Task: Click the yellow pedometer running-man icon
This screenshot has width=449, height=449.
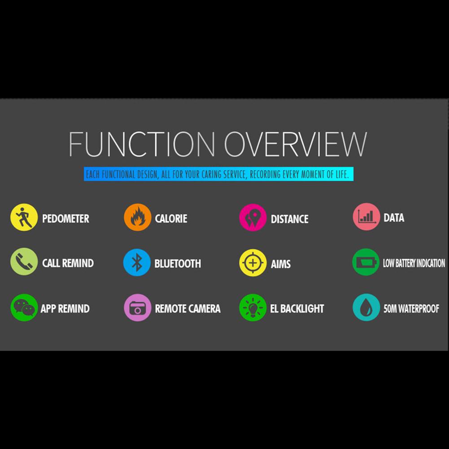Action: coord(24,218)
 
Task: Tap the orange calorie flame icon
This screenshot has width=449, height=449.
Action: coord(137,218)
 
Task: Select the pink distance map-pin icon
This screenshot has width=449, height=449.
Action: coord(253,218)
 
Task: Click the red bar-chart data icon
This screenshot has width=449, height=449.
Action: coord(366,217)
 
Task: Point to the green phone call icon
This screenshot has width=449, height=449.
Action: coord(24,262)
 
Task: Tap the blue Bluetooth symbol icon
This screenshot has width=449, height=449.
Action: coord(137,262)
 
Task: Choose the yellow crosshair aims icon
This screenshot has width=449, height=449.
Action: coord(253,263)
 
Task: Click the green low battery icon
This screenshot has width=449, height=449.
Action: coord(366,262)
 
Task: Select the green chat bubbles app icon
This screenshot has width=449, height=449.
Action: coord(24,308)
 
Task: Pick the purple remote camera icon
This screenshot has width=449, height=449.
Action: coord(137,308)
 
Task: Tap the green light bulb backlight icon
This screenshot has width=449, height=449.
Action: coord(253,308)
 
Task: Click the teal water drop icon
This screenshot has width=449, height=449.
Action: coord(366,307)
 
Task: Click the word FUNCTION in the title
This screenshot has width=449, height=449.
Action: coord(142,144)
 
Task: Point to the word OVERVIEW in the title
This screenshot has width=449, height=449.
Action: coord(295,144)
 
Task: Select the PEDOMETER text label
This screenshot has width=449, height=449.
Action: coord(65,219)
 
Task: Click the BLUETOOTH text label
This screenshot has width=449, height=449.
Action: coord(178,264)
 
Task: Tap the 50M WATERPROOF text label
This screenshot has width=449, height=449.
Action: coord(411,309)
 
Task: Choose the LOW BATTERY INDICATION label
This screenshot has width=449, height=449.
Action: coord(414,263)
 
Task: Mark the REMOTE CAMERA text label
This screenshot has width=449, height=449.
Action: coord(187,309)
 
